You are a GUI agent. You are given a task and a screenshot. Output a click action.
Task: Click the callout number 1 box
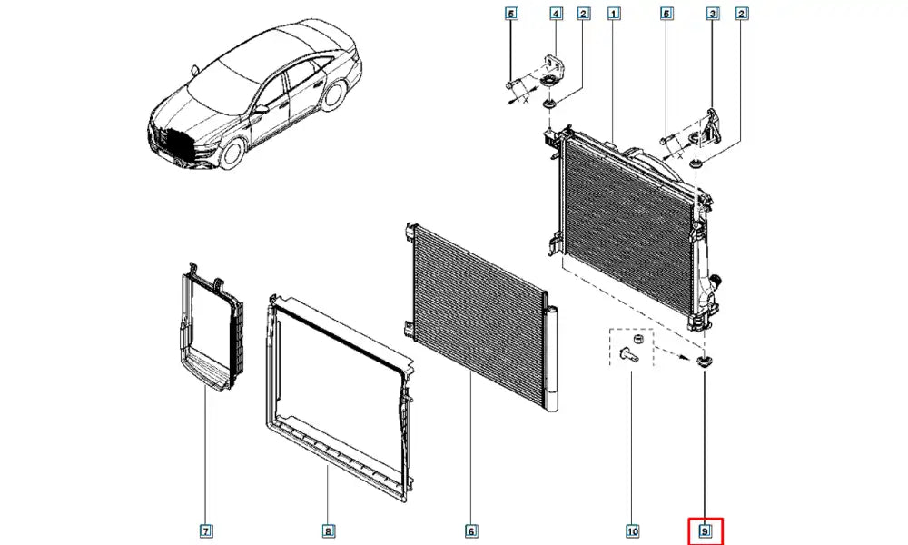pos(615,14)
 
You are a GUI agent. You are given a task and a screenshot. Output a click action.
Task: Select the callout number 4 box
pos(556,14)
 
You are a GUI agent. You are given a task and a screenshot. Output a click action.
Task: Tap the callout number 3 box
pos(713,14)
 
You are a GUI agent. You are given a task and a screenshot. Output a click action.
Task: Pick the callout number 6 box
pos(470,530)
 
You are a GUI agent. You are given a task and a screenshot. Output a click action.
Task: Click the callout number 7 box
pos(206,530)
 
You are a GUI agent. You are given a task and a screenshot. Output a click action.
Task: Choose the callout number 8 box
pos(328,530)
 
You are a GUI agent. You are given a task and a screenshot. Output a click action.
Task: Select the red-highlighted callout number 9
pos(705,530)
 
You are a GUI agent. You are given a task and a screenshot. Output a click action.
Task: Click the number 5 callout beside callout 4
pos(510,14)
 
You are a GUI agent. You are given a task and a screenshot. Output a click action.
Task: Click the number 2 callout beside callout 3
pos(743,14)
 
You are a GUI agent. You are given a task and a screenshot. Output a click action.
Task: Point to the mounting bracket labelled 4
pos(550,70)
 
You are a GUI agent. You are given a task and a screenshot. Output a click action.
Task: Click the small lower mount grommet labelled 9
pos(703,362)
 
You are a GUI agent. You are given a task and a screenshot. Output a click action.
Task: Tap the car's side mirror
pos(261,109)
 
